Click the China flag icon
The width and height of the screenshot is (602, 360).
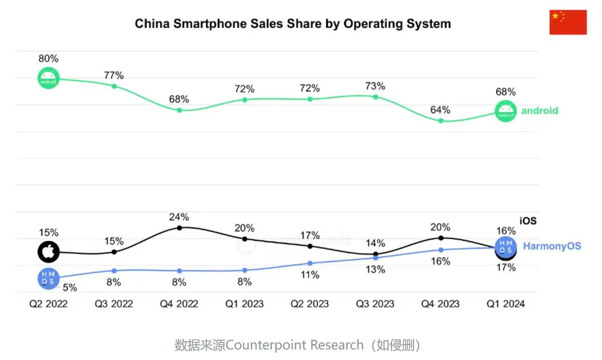point(568,22)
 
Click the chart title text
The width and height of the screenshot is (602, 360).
point(293,23)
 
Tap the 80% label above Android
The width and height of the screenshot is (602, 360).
point(48,59)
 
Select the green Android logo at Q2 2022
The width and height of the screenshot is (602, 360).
point(48,78)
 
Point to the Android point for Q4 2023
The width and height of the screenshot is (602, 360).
point(440,121)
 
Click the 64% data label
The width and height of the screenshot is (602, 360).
point(440,110)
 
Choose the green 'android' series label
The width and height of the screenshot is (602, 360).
point(540,110)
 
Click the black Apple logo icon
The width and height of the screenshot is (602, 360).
point(48,252)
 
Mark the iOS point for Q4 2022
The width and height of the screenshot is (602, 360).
point(180,228)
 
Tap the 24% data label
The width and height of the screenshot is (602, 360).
point(179,217)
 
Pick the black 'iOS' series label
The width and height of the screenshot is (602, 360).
point(528,220)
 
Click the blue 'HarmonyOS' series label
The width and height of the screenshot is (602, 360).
point(552,246)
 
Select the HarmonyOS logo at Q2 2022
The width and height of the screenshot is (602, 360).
point(48,278)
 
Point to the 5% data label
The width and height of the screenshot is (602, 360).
point(70,288)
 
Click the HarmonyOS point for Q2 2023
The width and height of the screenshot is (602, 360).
point(310,263)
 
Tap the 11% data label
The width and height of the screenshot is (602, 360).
point(310,275)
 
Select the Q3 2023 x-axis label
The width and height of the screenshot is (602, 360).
point(375,304)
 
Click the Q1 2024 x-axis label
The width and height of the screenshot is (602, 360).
point(506,304)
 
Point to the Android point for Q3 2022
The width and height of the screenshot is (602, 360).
point(114,86)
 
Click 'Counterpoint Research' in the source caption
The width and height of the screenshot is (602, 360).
point(295,345)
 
